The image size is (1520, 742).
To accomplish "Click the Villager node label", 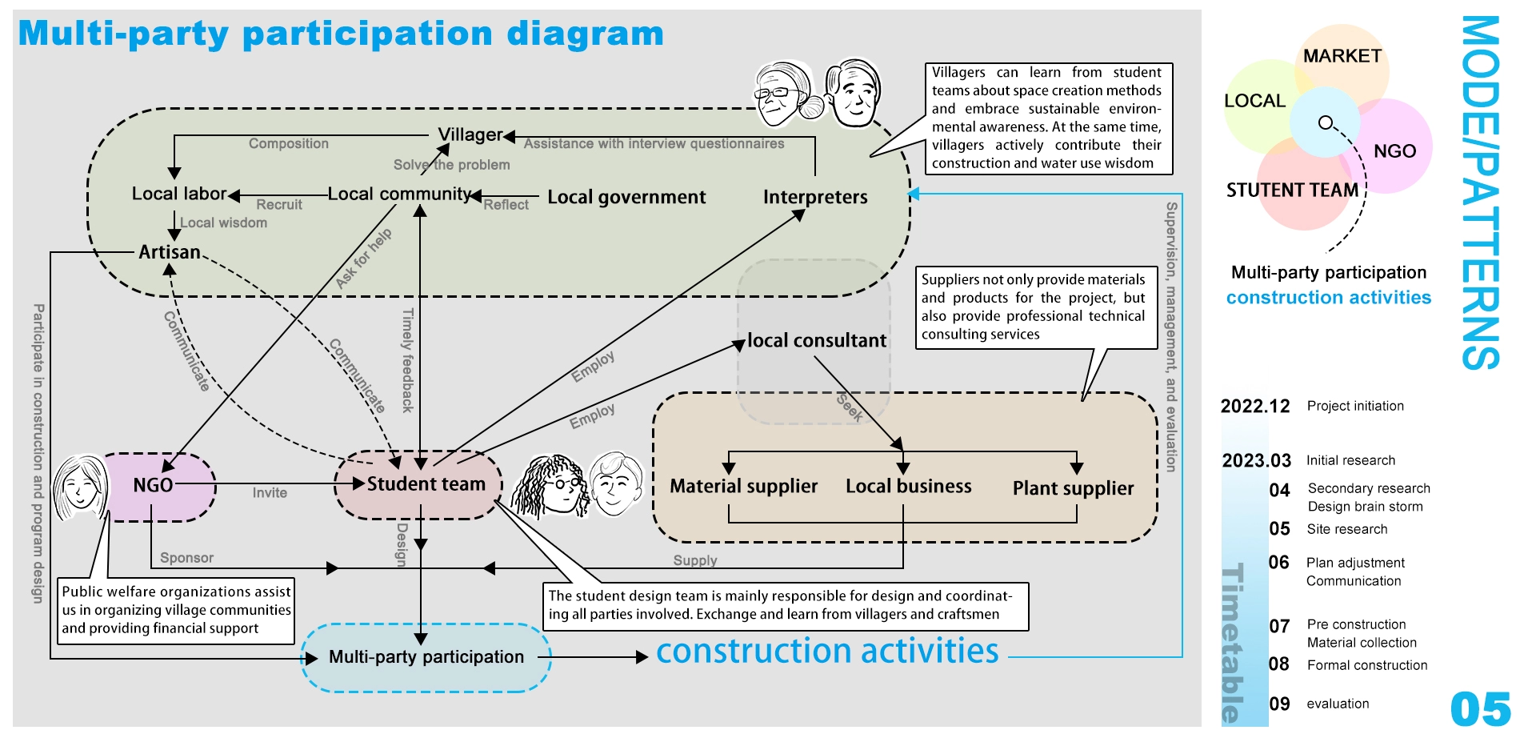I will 470,134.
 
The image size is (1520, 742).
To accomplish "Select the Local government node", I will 626,197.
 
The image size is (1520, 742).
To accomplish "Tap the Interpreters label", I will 815,197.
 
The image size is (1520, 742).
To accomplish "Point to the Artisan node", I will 170,252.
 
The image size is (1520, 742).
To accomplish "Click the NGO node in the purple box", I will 154,485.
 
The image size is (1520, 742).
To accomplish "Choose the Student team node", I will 426,483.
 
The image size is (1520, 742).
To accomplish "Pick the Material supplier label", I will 743,486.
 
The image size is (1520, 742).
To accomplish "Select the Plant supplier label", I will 1073,488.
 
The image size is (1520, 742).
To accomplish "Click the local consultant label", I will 817,341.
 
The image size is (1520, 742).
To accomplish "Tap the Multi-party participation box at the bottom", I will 426,657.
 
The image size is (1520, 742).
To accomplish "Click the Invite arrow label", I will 270,493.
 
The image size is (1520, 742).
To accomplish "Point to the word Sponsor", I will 186,558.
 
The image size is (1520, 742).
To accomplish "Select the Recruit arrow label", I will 279,205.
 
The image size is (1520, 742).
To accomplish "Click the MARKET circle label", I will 1342,56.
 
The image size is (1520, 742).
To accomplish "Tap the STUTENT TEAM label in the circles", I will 1292,191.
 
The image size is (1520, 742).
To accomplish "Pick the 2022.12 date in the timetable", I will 1255,406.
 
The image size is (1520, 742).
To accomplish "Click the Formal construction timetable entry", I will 1367,665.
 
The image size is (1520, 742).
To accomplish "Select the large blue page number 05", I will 1481,709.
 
